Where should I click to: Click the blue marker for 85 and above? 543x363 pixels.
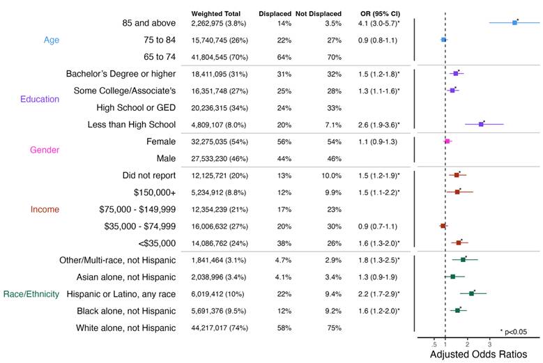point(514,23)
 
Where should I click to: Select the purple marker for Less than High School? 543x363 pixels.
point(481,124)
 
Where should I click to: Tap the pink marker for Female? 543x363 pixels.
point(447,141)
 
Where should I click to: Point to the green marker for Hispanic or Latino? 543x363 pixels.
point(471,293)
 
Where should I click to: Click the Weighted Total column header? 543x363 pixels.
point(216,13)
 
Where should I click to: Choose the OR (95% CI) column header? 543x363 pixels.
point(380,13)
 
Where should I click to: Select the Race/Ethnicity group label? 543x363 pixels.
point(31,294)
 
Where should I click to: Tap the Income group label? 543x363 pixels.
point(45,209)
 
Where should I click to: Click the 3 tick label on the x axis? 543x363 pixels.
point(490,343)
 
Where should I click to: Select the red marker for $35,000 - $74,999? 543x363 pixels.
point(443,226)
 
